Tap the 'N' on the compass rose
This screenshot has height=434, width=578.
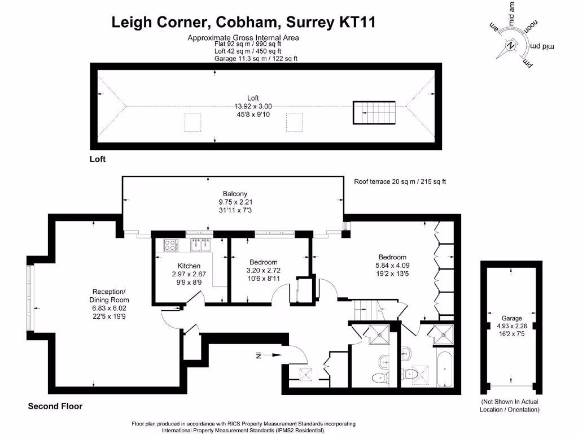coord(511,45)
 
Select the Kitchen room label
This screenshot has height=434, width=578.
coord(189,266)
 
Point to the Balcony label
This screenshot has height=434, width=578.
coord(235,193)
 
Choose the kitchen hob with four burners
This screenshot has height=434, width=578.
coord(171,245)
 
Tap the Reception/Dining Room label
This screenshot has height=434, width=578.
coord(110,296)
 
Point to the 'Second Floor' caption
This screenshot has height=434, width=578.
coord(55,406)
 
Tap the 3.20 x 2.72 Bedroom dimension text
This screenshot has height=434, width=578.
coord(263,270)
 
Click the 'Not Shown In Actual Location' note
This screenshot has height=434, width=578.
coord(510,405)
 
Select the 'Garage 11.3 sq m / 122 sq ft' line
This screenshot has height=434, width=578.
coord(256,58)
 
